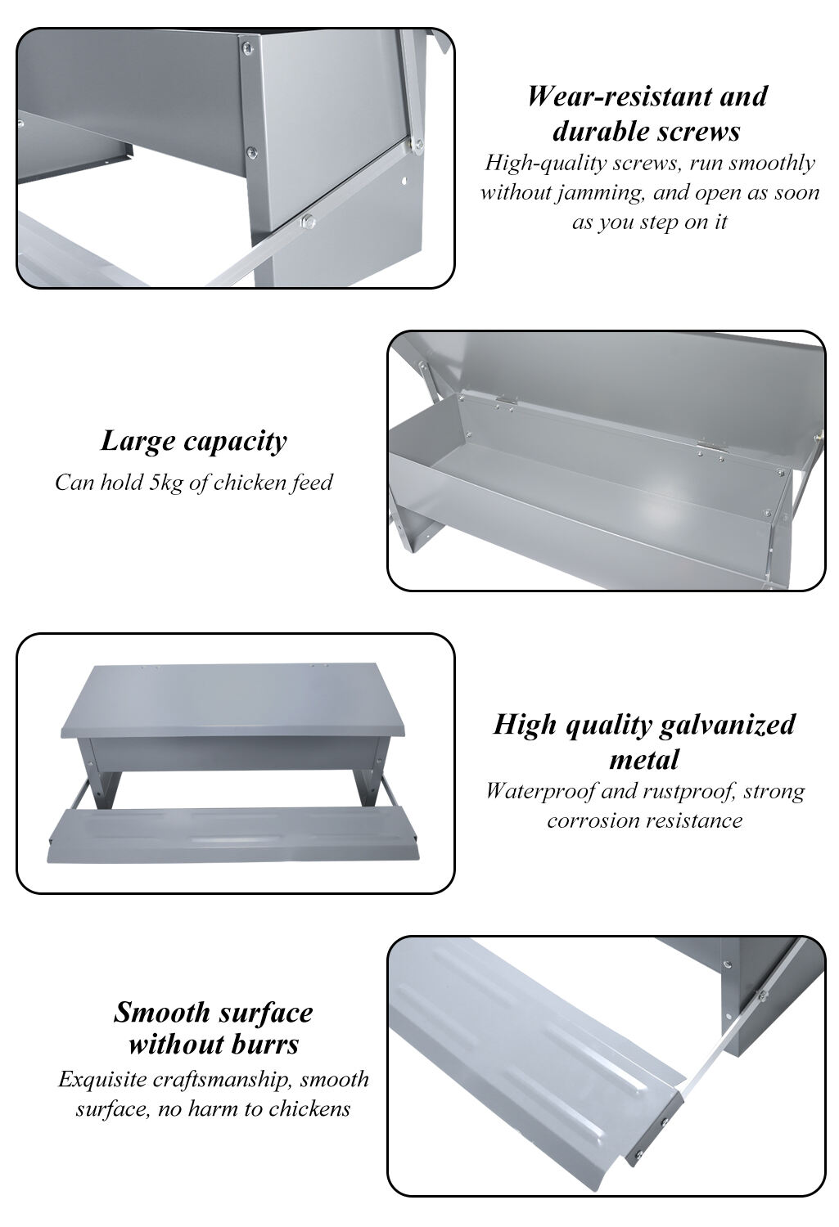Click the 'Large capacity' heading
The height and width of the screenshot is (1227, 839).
tap(194, 441)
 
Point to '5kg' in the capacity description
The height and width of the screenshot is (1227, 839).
tap(166, 483)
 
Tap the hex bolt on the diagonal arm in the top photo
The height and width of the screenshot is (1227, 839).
tap(309, 220)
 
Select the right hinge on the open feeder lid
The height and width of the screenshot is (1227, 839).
tap(706, 447)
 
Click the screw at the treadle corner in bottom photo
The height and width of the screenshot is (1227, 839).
tap(664, 1121)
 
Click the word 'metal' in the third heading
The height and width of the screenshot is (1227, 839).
tap(644, 760)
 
